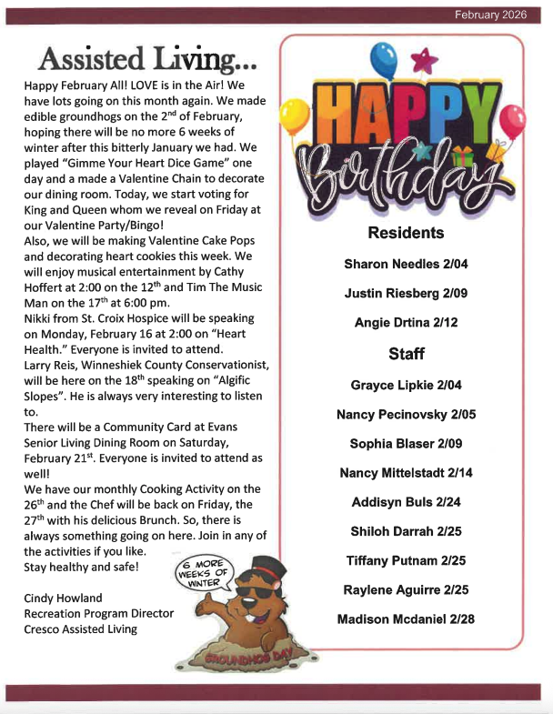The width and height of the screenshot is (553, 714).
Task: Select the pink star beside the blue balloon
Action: point(421,60)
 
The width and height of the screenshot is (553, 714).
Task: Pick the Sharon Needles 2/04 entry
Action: point(405,264)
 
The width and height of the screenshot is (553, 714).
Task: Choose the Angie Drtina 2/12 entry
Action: point(405,322)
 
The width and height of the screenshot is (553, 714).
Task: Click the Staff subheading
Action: point(406,353)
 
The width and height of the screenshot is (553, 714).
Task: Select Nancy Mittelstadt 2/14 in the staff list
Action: point(406,473)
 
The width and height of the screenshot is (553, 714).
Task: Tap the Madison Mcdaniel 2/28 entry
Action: point(406,619)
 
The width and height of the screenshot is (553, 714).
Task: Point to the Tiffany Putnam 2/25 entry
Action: point(406,560)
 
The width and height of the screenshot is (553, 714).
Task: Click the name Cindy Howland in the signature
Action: point(64,598)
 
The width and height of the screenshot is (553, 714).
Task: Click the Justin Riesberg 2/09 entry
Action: point(405,293)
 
